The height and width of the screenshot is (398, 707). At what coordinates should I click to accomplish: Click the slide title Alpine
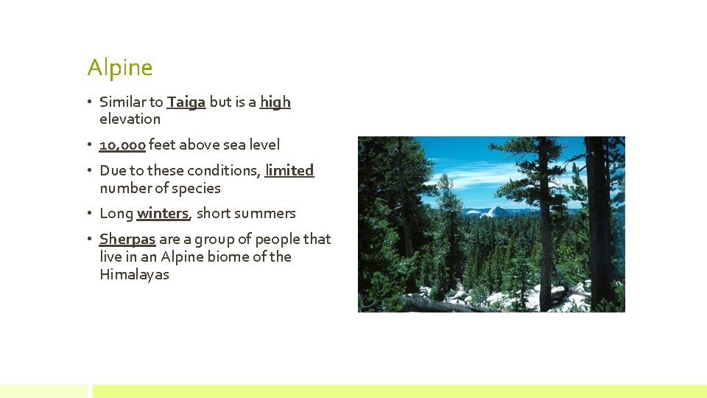[x=120, y=68]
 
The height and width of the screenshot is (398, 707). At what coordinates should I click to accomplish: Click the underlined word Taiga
[x=186, y=102]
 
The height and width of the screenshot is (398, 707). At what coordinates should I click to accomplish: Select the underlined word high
[x=275, y=102]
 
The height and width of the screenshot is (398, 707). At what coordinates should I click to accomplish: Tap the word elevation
[x=130, y=119]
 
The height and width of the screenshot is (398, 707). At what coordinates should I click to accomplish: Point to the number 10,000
[x=122, y=145]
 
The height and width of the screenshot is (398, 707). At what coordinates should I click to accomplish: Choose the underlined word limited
[x=289, y=170]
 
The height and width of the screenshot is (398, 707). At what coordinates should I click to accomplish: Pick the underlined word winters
[x=163, y=214]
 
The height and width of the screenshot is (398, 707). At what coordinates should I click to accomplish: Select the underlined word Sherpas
[x=127, y=240]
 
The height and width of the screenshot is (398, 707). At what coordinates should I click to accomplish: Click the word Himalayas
[x=134, y=275]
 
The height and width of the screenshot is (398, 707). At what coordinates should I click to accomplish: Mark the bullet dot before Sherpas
[x=91, y=240]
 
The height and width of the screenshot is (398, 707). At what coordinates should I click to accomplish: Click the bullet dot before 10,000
[x=91, y=145]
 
